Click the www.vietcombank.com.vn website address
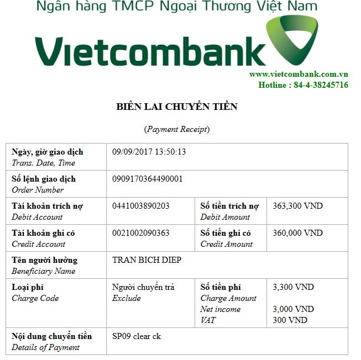298,74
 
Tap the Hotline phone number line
303,85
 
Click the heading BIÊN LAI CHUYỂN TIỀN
177,107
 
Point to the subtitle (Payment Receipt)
177,129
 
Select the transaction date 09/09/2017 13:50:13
149,152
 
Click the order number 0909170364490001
147,179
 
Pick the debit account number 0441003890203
140,206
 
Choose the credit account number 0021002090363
140,233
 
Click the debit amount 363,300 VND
297,206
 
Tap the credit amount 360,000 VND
297,233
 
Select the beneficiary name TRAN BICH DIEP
147,260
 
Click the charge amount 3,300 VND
293,287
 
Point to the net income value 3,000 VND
293,309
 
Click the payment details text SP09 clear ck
137,336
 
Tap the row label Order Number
38,190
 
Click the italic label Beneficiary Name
43,271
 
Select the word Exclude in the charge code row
127,298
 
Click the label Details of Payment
45,347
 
